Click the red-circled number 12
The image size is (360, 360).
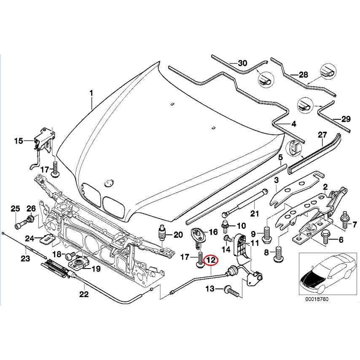210,261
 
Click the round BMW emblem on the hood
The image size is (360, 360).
108,182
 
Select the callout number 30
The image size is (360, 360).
242,64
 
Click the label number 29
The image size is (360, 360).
345,119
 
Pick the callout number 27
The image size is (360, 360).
322,135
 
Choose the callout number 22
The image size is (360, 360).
84,294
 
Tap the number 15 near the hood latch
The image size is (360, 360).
19,141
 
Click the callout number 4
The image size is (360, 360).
294,124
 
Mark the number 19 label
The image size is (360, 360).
96,268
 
